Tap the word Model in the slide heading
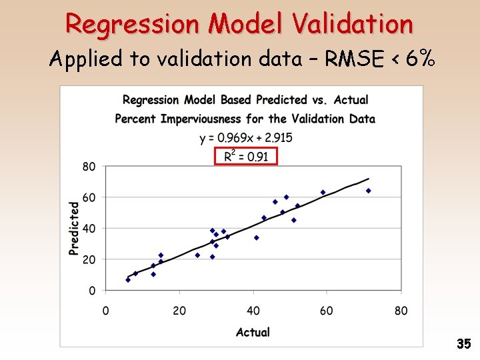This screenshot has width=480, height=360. click(240, 24)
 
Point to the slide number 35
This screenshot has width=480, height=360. click(464, 344)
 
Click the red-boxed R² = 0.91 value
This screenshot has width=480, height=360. click(245, 156)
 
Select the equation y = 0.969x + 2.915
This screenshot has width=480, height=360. click(245, 138)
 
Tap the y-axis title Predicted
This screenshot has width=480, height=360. click(74, 228)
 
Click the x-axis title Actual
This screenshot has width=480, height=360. click(253, 332)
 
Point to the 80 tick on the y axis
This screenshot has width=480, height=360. click(89, 166)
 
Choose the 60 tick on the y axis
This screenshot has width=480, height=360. click(89, 197)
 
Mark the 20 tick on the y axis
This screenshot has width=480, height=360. click(89, 259)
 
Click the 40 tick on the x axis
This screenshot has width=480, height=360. click(253, 311)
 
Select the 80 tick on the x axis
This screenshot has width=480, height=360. click(400, 311)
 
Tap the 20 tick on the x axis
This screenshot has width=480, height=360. click(179, 311)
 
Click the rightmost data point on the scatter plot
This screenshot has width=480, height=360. click(368, 191)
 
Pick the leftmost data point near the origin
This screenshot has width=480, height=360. click(128, 280)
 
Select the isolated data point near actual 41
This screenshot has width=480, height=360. click(257, 237)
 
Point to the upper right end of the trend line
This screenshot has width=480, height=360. click(368, 179)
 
